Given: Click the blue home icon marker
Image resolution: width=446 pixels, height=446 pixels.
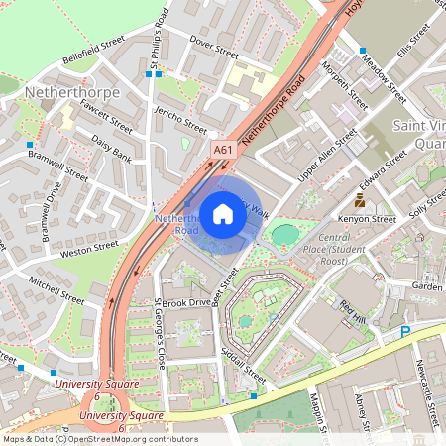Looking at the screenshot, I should pyautogui.click(x=223, y=213).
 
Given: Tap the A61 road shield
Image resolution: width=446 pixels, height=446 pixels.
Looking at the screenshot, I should pyautogui.click(x=223, y=151).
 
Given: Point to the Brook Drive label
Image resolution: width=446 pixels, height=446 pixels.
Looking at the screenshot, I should pyautogui.click(x=186, y=301).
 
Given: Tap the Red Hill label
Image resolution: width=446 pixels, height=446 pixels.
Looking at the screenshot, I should pyautogui.click(x=353, y=310).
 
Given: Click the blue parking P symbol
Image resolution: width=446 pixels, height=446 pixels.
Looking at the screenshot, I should pyautogui.click(x=405, y=333).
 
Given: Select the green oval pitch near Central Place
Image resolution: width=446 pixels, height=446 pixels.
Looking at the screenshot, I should pyautogui.click(x=284, y=235).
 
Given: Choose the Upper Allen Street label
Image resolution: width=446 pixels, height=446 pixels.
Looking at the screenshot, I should pyautogui.click(x=327, y=157).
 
